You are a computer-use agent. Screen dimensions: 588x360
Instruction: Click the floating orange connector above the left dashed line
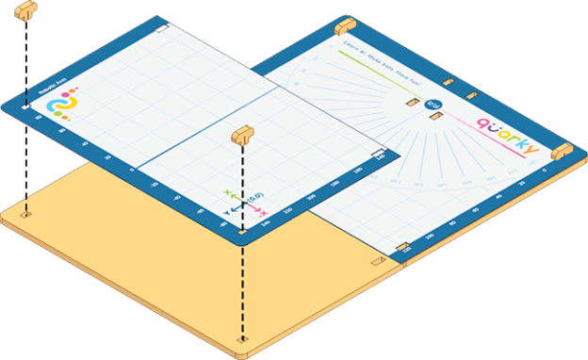pos(26,10)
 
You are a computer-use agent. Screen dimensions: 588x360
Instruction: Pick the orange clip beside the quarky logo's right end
pos(562,151)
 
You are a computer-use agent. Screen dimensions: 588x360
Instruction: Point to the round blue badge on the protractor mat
pos(433,106)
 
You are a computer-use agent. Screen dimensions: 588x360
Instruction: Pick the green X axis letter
pos(226,194)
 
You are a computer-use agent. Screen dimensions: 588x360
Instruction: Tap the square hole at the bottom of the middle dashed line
pos(243,336)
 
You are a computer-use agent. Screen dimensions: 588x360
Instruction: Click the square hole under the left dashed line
pos(25,213)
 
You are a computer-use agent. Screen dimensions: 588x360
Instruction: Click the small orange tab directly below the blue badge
pos(435,117)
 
